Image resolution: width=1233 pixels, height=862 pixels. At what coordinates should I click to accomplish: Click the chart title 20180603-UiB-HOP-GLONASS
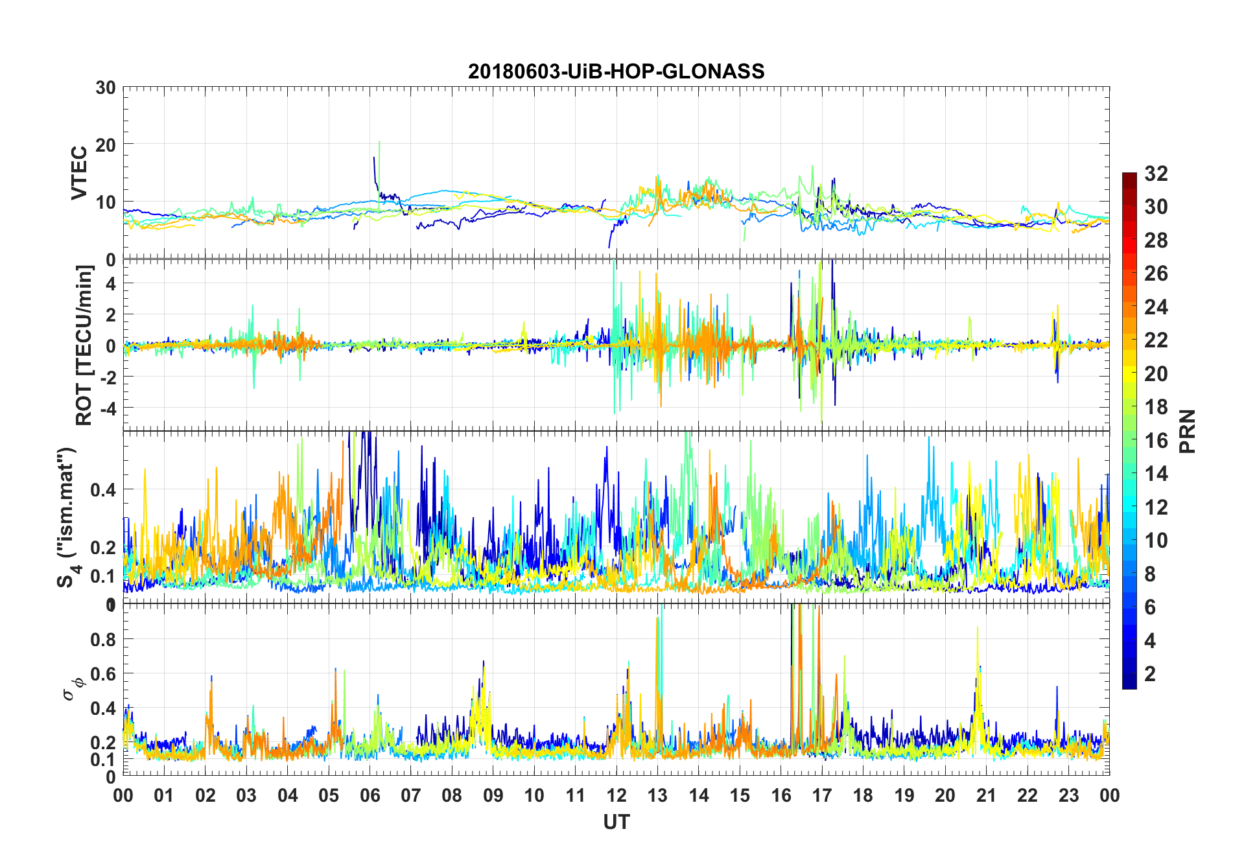point(616,71)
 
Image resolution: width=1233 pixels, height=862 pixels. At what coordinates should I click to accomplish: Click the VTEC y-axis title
point(79,173)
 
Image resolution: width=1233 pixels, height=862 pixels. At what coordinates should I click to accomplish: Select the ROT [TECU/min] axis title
point(84,345)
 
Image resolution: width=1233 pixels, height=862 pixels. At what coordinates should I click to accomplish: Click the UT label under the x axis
point(616,822)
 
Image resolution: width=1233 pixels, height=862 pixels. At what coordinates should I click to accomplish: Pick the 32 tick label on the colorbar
point(1156,174)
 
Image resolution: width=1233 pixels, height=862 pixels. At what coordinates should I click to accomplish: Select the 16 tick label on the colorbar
point(1156,441)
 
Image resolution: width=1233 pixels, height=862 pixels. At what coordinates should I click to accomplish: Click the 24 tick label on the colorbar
point(1156,307)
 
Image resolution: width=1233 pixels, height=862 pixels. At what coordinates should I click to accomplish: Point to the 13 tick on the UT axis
point(657,795)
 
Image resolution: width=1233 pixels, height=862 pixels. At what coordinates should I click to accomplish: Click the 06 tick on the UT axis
point(370,795)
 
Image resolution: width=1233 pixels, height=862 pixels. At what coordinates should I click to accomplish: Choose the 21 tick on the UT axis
point(986,795)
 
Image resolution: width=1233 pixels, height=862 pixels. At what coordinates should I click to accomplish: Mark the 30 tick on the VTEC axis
point(106,88)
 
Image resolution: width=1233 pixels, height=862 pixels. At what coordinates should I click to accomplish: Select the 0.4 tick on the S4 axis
point(103,489)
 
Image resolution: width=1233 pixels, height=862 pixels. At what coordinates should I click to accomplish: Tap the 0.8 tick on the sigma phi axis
point(103,640)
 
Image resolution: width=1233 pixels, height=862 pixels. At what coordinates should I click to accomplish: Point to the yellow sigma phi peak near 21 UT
point(978,629)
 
